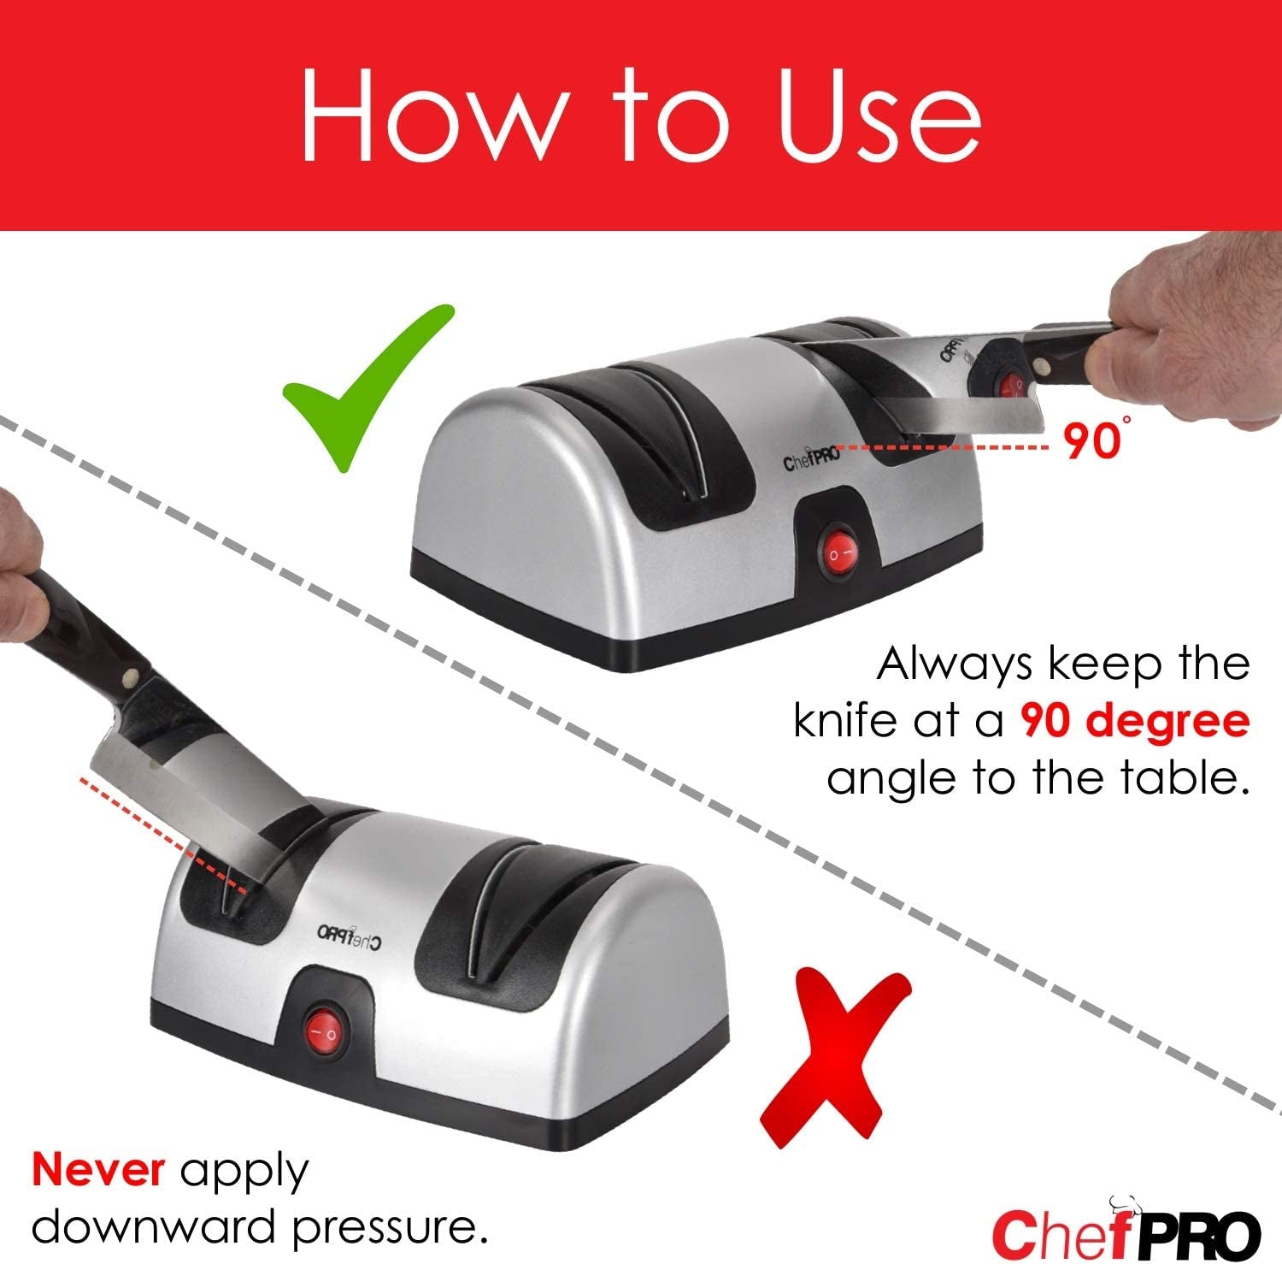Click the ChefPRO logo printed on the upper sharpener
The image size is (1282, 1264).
click(812, 462)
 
